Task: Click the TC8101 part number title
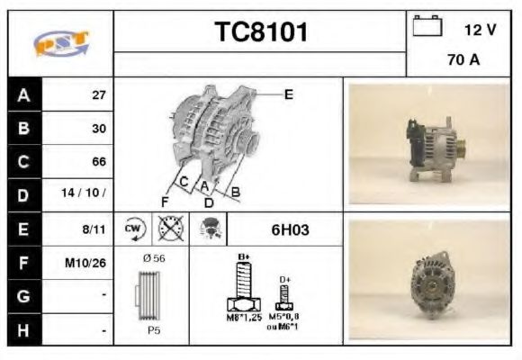pyautogui.click(x=261, y=32)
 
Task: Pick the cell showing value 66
pyautogui.click(x=98, y=162)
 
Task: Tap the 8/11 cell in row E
pyautogui.click(x=94, y=229)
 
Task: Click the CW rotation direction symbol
pyautogui.click(x=134, y=229)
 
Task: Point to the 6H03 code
pyautogui.click(x=290, y=229)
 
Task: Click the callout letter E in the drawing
pyautogui.click(x=289, y=94)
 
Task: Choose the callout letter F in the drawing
pyautogui.click(x=165, y=200)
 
